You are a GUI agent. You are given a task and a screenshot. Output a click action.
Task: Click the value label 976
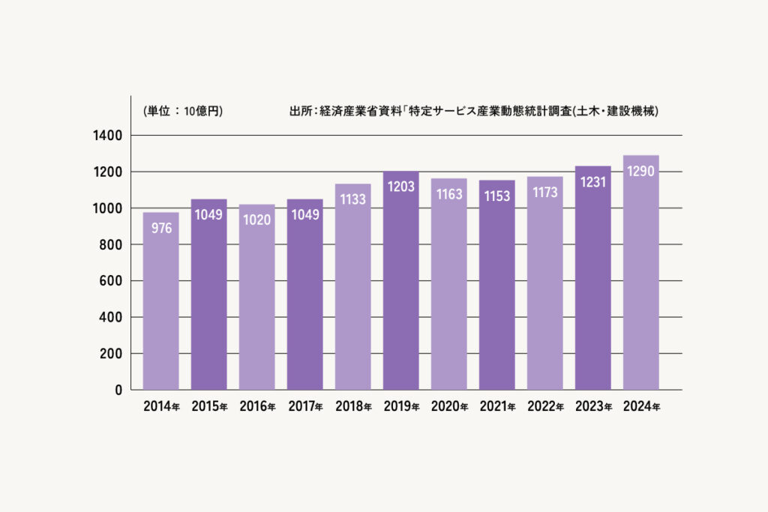160,228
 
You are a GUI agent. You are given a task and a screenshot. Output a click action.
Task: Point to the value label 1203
400,187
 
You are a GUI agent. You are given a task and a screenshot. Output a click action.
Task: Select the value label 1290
641,171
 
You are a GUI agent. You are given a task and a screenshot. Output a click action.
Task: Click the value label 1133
352,199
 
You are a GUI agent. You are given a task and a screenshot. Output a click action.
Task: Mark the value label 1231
593,181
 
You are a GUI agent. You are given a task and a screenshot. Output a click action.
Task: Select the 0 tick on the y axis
118,391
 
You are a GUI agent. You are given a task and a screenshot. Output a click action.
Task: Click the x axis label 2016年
257,407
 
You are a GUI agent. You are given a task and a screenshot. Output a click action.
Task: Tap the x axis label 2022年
545,407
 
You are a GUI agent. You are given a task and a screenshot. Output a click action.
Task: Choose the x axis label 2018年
353,407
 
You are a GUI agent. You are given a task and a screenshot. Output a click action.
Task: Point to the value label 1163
448,194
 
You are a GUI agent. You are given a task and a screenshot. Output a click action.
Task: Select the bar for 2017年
304,300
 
